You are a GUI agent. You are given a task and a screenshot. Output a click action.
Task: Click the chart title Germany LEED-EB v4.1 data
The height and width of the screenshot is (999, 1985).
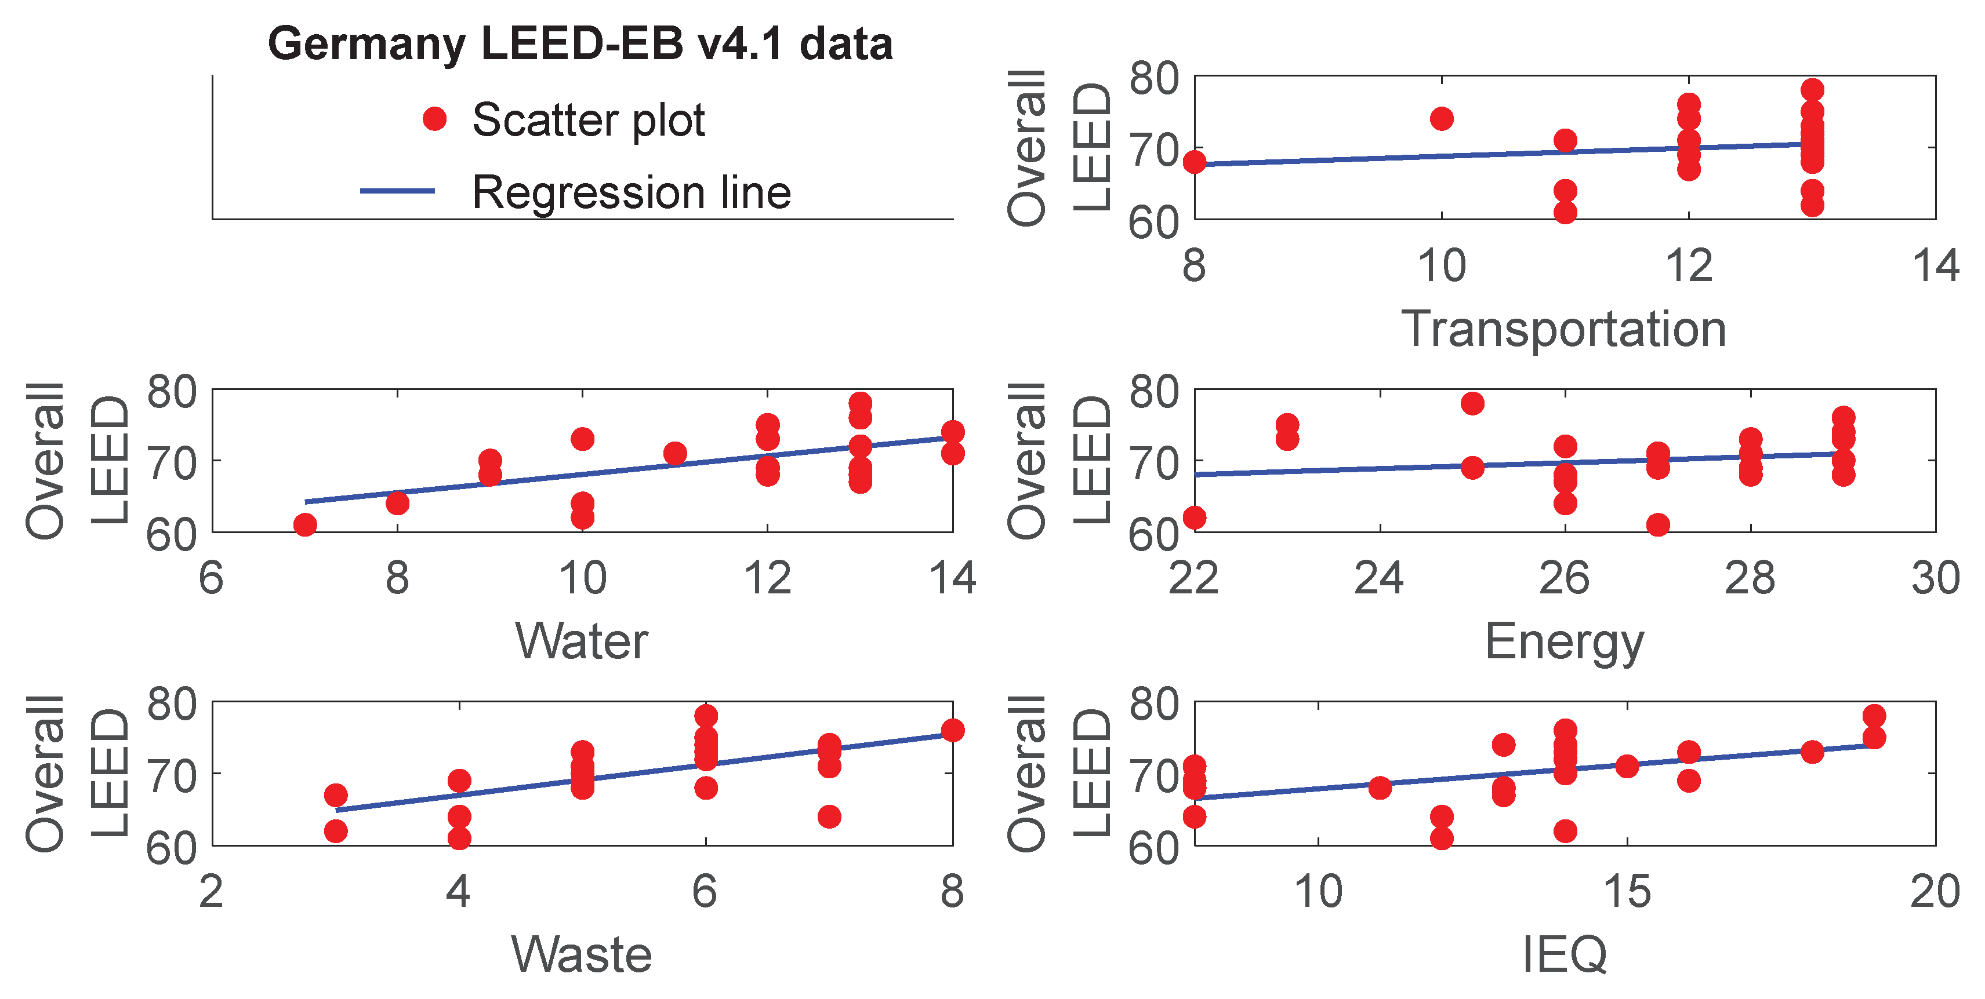click(579, 44)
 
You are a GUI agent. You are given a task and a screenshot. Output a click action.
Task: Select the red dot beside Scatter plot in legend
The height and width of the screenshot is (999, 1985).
click(434, 119)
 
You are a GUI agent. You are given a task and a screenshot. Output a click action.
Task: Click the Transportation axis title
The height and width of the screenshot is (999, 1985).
click(1563, 329)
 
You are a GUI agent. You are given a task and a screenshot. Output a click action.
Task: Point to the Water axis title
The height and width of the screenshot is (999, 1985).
click(582, 641)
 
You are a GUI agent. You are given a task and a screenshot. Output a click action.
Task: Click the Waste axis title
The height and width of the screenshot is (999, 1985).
click(582, 954)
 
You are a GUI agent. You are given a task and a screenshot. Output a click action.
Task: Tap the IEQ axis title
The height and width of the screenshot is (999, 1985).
click(1564, 954)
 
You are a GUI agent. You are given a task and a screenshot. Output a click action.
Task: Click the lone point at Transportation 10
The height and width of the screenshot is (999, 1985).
click(1442, 119)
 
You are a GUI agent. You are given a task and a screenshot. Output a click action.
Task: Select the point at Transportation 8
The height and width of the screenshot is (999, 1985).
click(1195, 162)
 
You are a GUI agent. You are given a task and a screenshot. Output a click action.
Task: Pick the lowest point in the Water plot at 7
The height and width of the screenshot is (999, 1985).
click(305, 524)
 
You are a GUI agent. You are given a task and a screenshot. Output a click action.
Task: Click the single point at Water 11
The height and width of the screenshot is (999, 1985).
click(675, 453)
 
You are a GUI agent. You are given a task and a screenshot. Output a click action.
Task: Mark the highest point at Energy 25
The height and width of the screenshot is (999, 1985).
click(1472, 403)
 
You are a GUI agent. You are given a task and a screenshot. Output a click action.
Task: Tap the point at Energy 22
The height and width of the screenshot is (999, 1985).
click(1195, 517)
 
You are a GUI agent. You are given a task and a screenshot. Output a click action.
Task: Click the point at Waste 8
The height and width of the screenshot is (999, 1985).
click(952, 730)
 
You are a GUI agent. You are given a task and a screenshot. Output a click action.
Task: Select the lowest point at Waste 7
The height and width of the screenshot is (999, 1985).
click(829, 816)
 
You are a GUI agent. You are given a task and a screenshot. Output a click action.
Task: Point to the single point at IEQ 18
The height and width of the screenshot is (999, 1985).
click(1812, 751)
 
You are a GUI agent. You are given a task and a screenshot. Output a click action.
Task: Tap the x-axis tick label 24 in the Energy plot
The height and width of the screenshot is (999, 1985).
click(1380, 579)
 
